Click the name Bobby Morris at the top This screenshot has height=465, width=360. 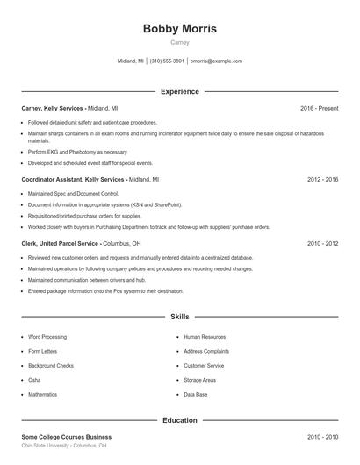[179, 29]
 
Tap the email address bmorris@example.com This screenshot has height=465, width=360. [216, 61]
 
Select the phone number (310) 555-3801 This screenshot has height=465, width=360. [167, 61]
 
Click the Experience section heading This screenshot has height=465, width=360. [179, 91]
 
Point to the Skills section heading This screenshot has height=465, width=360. [179, 316]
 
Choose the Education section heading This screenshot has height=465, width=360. [179, 420]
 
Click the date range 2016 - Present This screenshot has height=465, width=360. [319, 108]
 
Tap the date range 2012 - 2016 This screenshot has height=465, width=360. [322, 179]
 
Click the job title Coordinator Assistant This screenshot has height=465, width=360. [52, 179]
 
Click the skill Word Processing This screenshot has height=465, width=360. [47, 336]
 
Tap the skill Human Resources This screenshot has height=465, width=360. [205, 336]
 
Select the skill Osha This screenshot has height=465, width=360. [34, 380]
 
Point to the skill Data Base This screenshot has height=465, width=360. [196, 394]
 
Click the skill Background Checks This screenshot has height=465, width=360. [51, 365]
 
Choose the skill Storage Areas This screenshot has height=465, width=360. [201, 380]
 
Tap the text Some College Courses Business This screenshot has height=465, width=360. [67, 436]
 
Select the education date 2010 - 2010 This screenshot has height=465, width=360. [322, 436]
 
